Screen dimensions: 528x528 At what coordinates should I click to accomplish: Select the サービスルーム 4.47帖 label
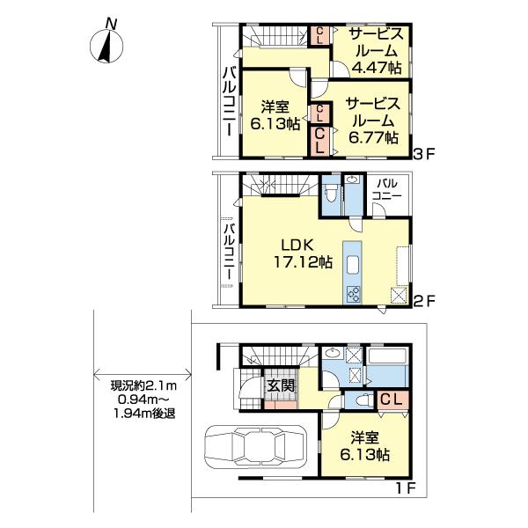(376, 51)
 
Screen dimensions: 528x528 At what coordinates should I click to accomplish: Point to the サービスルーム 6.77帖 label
(373, 121)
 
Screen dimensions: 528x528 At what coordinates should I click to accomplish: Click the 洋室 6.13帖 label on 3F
(275, 116)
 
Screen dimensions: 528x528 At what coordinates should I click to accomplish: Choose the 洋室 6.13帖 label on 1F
(365, 446)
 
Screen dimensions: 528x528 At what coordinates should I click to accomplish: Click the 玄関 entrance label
(281, 386)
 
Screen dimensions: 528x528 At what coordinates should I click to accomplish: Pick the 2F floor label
(425, 300)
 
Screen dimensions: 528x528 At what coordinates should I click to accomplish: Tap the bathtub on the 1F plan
(387, 356)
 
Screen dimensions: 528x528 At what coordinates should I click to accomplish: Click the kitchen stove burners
(353, 294)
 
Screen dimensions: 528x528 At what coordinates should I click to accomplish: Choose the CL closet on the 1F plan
(392, 400)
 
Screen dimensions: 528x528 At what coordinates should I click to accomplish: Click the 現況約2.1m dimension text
(143, 386)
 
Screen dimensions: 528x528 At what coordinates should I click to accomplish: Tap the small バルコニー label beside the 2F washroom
(386, 189)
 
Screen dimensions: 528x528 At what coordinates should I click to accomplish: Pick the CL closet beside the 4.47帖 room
(320, 36)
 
